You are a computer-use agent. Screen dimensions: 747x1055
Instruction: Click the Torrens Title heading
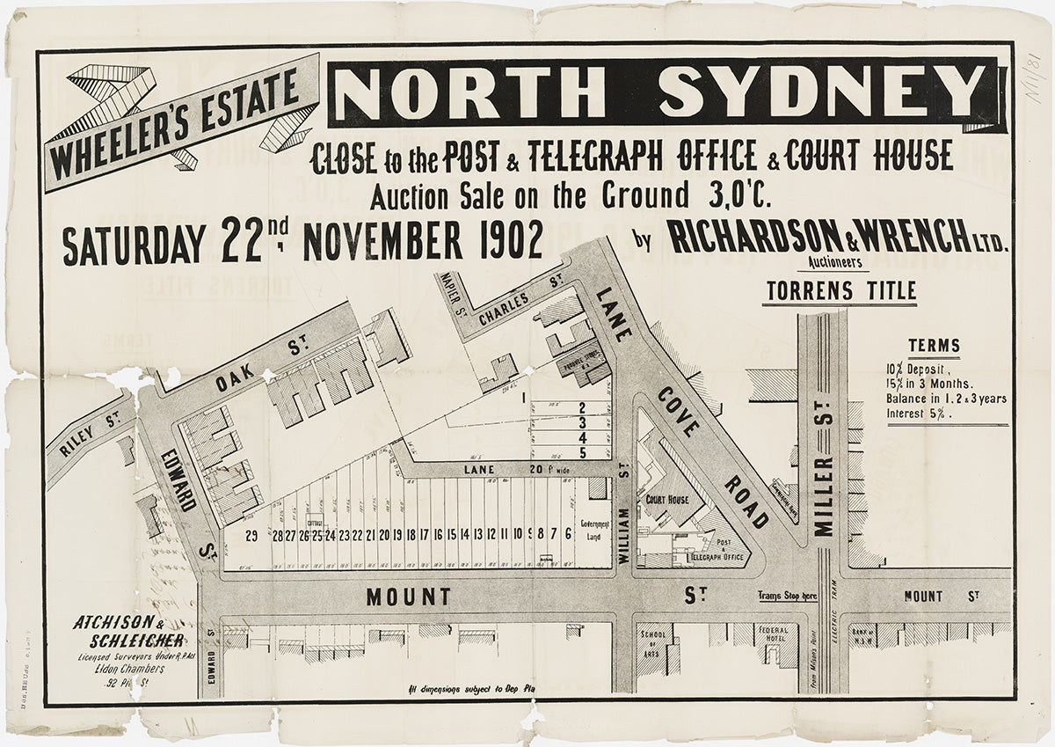(x=840, y=290)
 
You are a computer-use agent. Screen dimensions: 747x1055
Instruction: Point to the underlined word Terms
(x=934, y=346)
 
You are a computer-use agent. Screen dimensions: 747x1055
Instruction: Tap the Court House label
(x=666, y=498)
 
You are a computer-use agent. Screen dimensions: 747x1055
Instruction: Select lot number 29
(x=251, y=535)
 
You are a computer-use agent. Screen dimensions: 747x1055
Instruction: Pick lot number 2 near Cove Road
(x=582, y=407)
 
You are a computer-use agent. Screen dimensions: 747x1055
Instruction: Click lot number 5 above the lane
(x=582, y=451)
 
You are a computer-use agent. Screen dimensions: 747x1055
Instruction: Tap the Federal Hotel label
(x=772, y=634)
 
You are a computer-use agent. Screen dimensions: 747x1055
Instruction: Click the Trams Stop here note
(x=787, y=597)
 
